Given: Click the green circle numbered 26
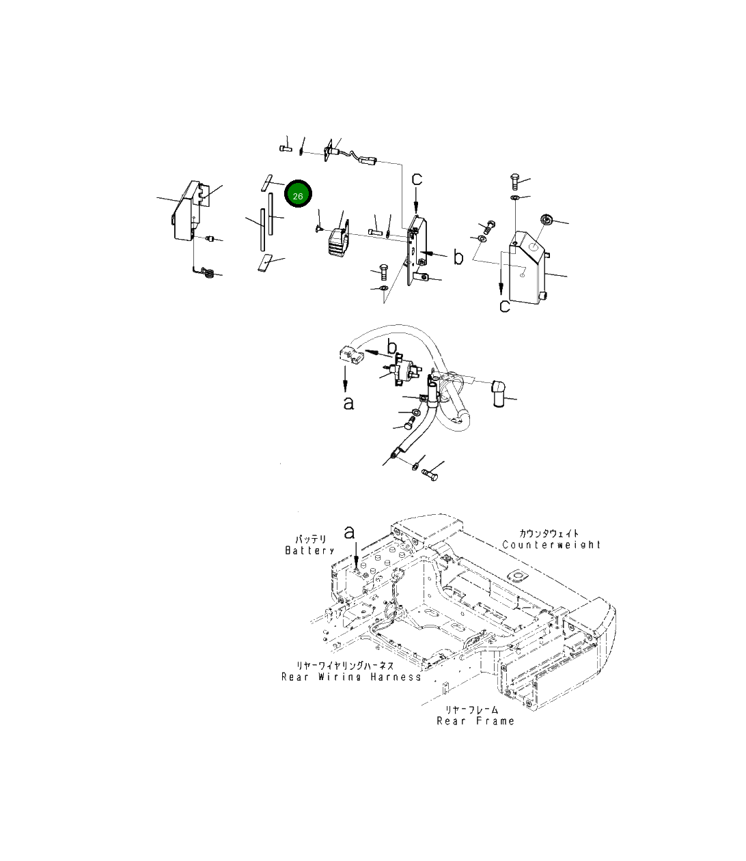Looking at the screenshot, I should [x=298, y=195].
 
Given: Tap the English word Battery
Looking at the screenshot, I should [x=309, y=550].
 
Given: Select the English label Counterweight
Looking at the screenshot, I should [x=551, y=545].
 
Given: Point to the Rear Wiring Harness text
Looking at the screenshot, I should [x=351, y=677].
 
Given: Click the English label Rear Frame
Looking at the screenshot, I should [x=475, y=721].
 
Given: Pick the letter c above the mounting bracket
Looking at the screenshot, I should [x=416, y=180].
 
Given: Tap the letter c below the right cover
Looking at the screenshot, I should [x=504, y=306].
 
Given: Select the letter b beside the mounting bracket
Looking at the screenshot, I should [x=458, y=257].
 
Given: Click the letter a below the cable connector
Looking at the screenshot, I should [x=348, y=403].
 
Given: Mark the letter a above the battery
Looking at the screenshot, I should [x=350, y=531].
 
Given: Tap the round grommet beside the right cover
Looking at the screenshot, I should [x=547, y=220].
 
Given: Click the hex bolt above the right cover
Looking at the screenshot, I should [x=516, y=182].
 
